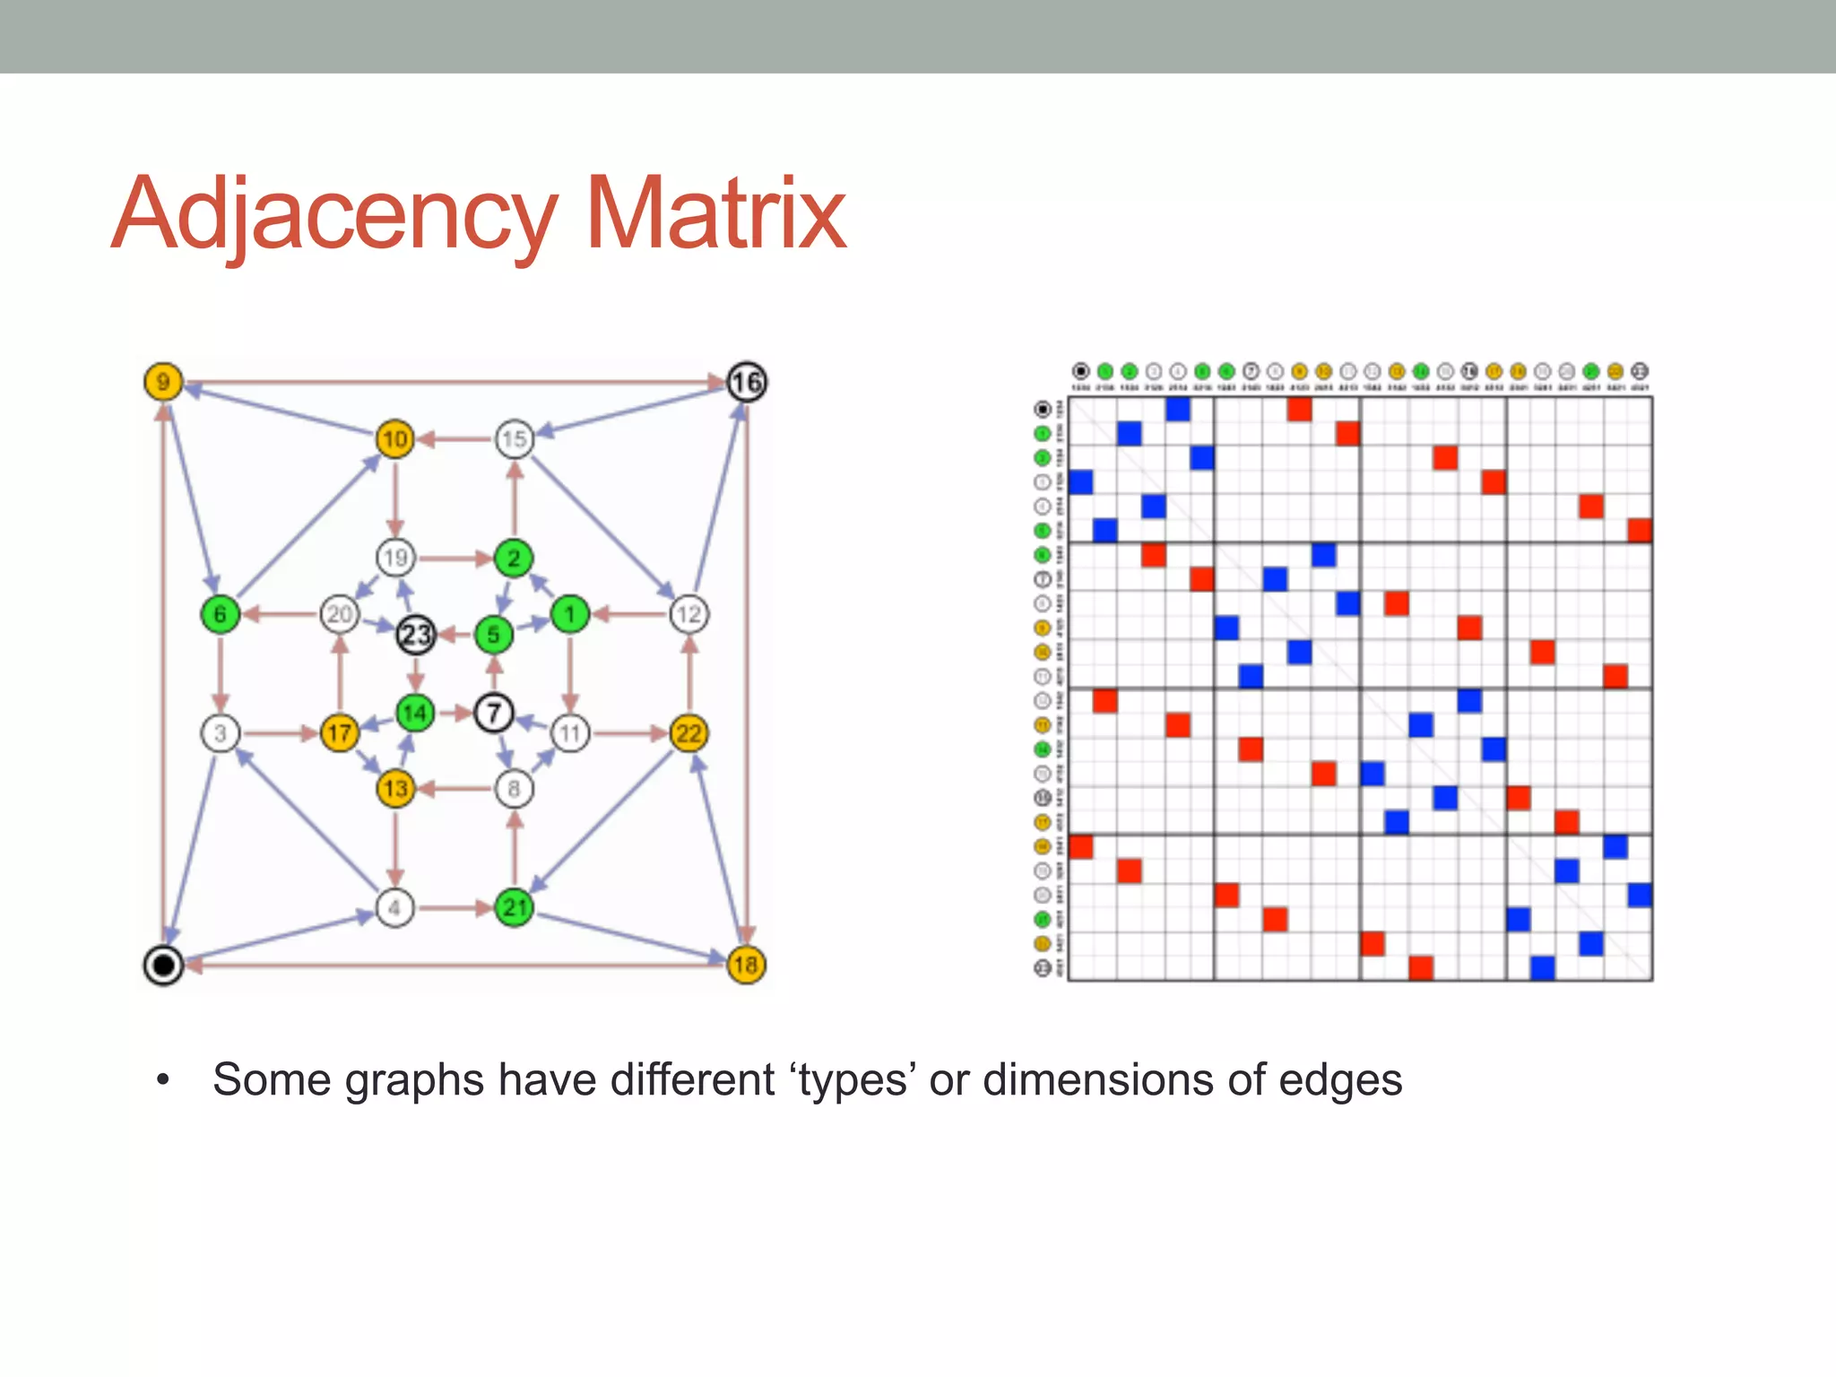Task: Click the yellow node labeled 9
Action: [x=163, y=382]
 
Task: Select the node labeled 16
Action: [x=746, y=383]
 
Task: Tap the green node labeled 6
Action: [x=220, y=615]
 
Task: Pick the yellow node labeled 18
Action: [x=746, y=965]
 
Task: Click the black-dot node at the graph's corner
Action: [x=163, y=966]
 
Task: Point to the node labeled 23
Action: [x=416, y=635]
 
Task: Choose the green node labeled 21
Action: [x=515, y=907]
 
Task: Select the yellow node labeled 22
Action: [x=688, y=733]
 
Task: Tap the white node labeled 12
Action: [x=688, y=615]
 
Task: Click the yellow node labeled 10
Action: [x=394, y=439]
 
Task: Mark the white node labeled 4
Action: [x=394, y=907]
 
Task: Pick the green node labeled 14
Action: [x=415, y=714]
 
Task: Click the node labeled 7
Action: [x=493, y=714]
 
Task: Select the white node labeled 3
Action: [x=220, y=733]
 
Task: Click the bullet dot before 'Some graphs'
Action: [x=162, y=1080]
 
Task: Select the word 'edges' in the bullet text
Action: [x=1340, y=1081]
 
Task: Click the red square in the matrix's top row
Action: [x=1299, y=410]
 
